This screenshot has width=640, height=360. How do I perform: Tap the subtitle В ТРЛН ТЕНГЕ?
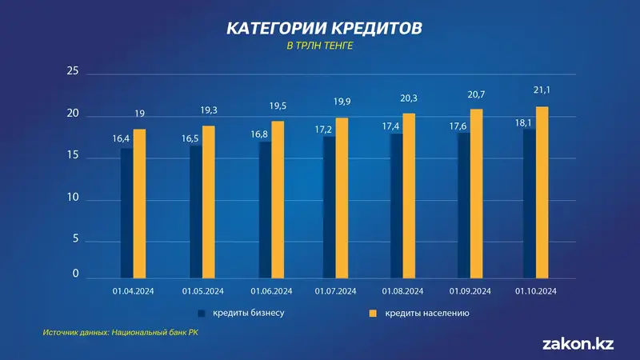(320, 46)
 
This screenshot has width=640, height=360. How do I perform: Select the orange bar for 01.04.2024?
(139, 203)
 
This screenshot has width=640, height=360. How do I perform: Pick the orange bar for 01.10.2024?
(542, 192)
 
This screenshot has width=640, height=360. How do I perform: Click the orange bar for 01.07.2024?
(342, 198)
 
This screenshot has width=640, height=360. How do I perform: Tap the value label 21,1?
(542, 91)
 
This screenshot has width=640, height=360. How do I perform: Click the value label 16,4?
(122, 138)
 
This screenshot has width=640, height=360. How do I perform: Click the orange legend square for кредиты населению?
(372, 314)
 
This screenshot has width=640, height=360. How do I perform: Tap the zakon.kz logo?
(578, 344)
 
